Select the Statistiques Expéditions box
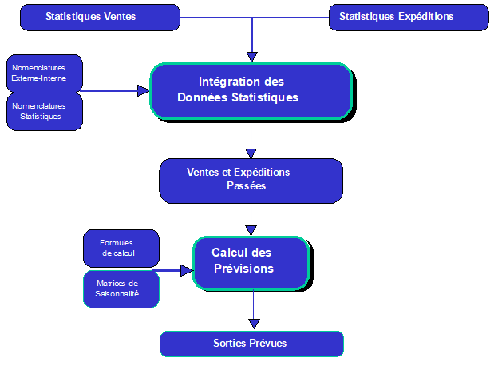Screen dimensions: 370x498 point(397,17)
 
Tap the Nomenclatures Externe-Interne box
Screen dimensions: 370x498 point(45,74)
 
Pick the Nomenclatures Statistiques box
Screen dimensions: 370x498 point(45,111)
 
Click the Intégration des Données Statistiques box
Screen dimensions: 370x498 point(251,90)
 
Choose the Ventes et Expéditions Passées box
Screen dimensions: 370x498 point(251,180)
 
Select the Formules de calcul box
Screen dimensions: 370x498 point(121,248)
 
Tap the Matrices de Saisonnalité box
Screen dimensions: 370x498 point(121,288)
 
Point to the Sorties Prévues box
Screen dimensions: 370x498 point(251,344)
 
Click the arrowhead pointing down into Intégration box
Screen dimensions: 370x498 point(252,57)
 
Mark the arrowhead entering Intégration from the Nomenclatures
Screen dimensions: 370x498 point(144,90)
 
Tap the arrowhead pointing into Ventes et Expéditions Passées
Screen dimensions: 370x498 point(252,152)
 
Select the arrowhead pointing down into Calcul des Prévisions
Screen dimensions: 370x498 point(252,230)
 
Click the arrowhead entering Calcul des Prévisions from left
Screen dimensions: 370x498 point(187,271)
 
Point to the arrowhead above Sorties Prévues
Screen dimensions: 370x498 point(254,324)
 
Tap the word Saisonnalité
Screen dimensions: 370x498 point(117,294)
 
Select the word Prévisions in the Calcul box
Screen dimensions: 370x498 point(243,269)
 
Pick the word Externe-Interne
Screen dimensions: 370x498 point(39,78)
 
